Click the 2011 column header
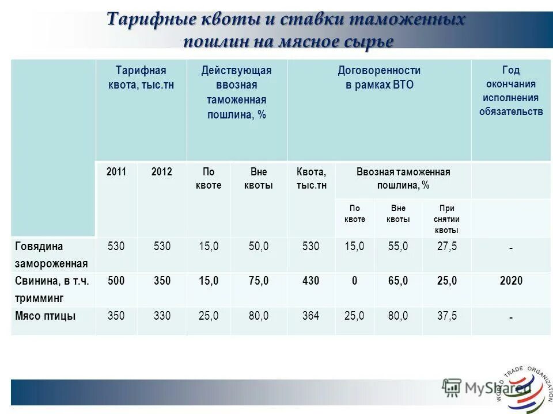[x=116, y=171]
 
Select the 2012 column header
[x=161, y=171]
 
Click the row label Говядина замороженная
[x=51, y=255]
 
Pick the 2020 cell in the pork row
[x=511, y=281]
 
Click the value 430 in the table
[x=310, y=281]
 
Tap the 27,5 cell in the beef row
[x=447, y=246]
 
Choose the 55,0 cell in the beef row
[x=398, y=246]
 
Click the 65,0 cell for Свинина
[x=398, y=281]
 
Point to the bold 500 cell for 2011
[x=116, y=281]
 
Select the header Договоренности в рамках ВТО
[x=379, y=78]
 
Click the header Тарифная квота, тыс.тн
[x=141, y=78]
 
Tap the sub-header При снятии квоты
[x=446, y=219]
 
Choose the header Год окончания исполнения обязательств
[x=511, y=90]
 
